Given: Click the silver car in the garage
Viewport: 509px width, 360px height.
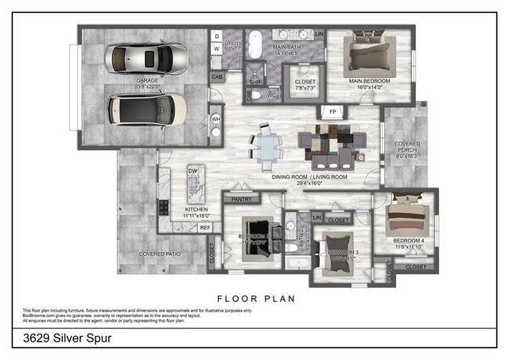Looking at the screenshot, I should tap(150, 58).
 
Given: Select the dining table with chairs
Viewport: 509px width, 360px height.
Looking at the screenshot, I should tap(266, 146).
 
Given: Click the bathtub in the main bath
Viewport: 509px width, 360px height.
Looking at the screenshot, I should tap(254, 47).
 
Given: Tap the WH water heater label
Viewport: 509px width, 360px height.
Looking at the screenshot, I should tap(215, 120).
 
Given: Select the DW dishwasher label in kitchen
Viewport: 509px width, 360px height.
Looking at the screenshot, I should tap(192, 171).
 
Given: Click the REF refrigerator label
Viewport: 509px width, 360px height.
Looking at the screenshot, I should tap(205, 228).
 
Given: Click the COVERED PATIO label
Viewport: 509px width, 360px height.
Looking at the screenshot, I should tap(159, 254).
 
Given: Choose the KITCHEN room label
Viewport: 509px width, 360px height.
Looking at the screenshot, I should tap(196, 210).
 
